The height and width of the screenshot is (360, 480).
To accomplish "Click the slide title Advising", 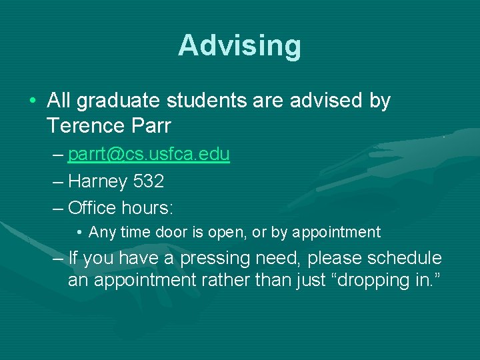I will coord(239,46).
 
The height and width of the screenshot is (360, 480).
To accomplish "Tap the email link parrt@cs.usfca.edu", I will coord(149,155).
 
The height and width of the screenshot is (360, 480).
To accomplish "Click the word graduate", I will coord(121,101).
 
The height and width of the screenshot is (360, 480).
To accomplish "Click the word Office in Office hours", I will coord(92,207).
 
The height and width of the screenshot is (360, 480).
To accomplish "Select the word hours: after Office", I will coord(148,207).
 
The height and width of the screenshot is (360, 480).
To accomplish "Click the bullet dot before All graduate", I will coord(33,102).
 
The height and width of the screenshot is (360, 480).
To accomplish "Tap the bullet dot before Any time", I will coord(79,233).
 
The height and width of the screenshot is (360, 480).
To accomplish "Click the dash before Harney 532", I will coord(58,181).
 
